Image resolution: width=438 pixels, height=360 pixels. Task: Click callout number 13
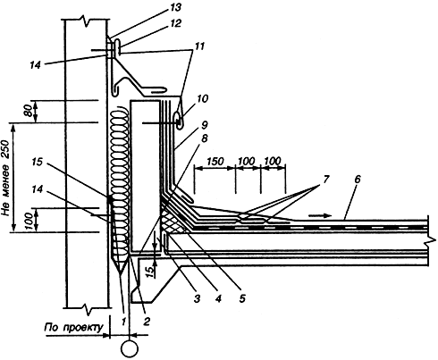175,7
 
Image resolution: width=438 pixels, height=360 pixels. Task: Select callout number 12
176,23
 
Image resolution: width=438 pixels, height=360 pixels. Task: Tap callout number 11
199,46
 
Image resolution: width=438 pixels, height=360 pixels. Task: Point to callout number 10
203,98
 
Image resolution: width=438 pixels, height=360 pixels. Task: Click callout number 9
205,125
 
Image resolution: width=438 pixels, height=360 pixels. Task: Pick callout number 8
205,138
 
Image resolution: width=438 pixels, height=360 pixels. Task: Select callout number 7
325,179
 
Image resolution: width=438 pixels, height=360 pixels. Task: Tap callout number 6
358,179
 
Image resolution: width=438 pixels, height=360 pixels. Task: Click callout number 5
242,298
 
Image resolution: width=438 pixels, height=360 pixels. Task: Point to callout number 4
218,298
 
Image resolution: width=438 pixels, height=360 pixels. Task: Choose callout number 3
197,298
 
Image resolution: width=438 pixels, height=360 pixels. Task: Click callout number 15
37,163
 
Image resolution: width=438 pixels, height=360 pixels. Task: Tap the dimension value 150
215,161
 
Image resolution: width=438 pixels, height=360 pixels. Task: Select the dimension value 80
29,112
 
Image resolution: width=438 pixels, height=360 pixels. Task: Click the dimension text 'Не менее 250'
6,178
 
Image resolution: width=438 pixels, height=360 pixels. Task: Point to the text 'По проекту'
73,328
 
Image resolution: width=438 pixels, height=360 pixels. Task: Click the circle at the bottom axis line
130,348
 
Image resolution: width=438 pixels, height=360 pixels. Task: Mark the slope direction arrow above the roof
319,215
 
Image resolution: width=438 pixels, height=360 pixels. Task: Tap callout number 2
146,321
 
